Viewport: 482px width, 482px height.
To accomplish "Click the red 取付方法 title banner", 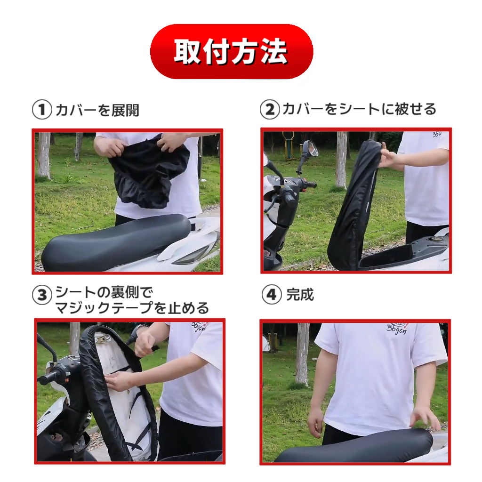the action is point(232,51).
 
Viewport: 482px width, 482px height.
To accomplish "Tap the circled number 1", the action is point(42,110).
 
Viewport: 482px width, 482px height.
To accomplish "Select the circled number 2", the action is point(270,109).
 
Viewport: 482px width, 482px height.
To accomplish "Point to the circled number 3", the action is point(42,295).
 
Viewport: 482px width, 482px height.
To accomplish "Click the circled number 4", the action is point(272,295).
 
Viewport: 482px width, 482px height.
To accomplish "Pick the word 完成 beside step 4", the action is point(300,295).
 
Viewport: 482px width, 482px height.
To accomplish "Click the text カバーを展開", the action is point(97,110).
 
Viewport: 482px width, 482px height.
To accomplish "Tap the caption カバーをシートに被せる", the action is point(359,109).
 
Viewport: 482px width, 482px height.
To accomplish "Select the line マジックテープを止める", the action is point(132,308).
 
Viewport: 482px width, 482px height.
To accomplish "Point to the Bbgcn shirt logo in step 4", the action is point(396,328).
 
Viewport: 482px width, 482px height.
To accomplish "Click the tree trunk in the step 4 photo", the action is point(302,353).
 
